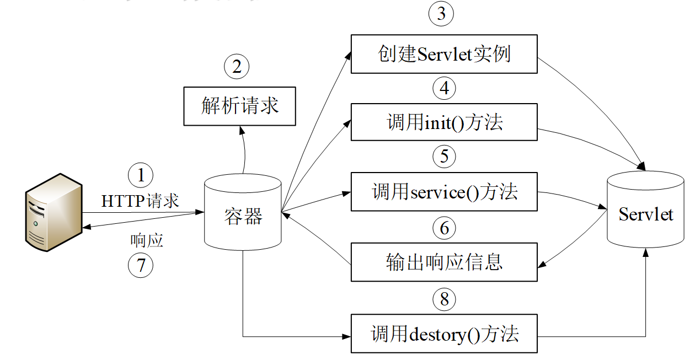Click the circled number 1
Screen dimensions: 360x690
click(141, 176)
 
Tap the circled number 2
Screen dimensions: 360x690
click(237, 67)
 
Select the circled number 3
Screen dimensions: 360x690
click(441, 14)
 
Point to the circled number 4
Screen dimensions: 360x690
click(444, 88)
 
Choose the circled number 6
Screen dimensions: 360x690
click(444, 227)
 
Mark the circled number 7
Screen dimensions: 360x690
click(141, 265)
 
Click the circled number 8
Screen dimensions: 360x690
click(444, 299)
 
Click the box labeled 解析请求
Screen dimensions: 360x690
click(239, 106)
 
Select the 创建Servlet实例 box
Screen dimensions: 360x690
click(444, 54)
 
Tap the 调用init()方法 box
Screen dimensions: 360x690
click(444, 122)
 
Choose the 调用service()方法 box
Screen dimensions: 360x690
click(444, 192)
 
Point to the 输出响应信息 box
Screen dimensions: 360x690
click(444, 262)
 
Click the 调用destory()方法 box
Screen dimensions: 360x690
click(444, 334)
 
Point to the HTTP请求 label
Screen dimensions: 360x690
click(140, 201)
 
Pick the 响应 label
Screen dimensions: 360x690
click(147, 240)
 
